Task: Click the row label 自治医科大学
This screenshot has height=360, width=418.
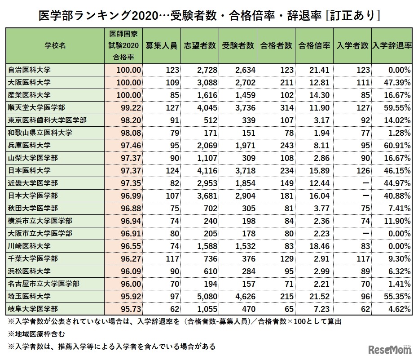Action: pyautogui.click(x=30, y=70)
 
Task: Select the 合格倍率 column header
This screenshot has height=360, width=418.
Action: pyautogui.click(x=314, y=46)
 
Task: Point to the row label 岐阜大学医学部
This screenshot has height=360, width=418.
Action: pyautogui.click(x=33, y=309)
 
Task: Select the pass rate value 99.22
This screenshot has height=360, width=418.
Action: pyautogui.click(x=129, y=108)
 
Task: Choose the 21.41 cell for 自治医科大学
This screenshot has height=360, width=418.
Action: pyautogui.click(x=320, y=70)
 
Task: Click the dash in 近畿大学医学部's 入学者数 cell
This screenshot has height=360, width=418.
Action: pyautogui.click(x=364, y=183)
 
